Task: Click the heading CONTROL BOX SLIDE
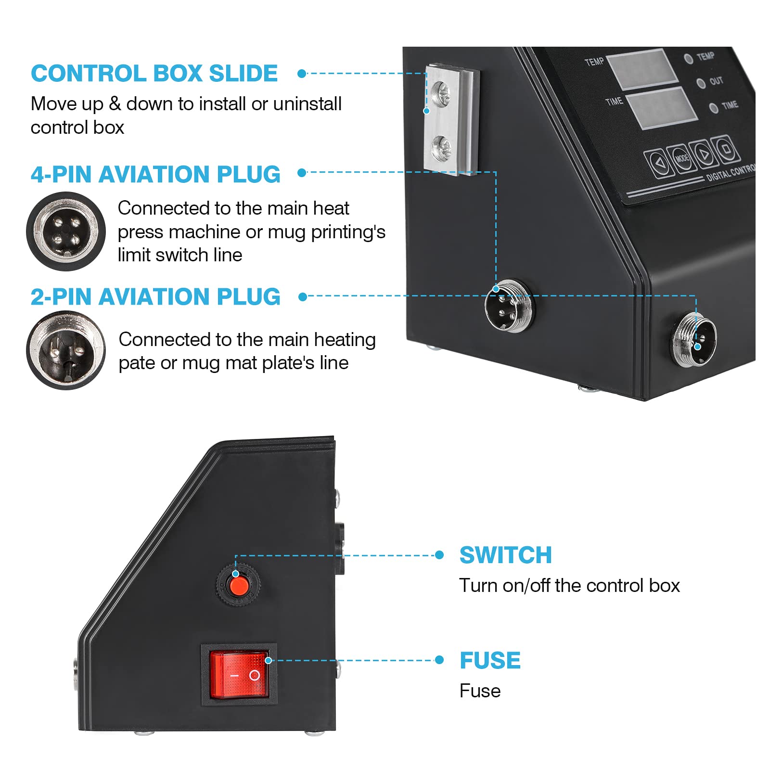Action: (154, 74)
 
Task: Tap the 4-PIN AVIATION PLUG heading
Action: (155, 174)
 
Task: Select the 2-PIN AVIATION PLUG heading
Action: (155, 296)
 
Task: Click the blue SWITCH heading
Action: (505, 555)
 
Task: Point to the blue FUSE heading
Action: (490, 660)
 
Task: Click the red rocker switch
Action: (239, 675)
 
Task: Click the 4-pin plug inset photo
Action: (66, 231)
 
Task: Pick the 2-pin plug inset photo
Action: (66, 350)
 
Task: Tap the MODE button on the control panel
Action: (681, 158)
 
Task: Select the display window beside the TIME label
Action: (662, 108)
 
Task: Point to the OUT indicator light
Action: (701, 83)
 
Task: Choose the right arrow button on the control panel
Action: (704, 154)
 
